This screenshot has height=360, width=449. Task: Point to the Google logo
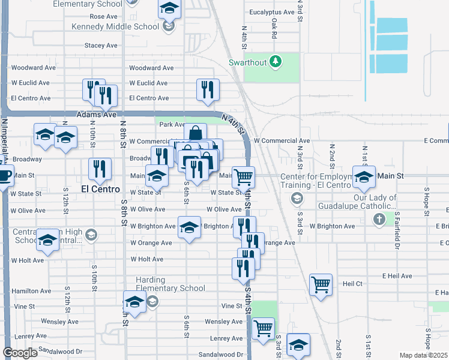(x=20, y=353)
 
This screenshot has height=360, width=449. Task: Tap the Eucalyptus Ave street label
(x=272, y=12)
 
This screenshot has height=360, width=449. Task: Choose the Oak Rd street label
(x=274, y=29)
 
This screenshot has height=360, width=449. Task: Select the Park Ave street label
(x=172, y=125)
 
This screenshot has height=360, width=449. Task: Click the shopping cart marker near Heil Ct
(x=321, y=285)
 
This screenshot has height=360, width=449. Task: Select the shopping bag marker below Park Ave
(x=195, y=134)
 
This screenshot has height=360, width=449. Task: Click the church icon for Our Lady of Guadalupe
(x=379, y=220)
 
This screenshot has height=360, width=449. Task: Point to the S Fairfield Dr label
(x=397, y=230)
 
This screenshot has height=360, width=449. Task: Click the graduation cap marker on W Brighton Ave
(x=189, y=228)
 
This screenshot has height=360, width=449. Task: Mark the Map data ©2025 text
(x=424, y=356)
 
